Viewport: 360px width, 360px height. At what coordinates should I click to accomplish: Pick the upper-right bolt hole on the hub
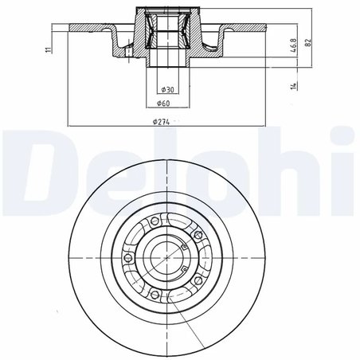197,236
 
